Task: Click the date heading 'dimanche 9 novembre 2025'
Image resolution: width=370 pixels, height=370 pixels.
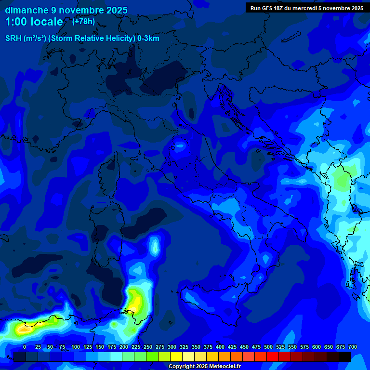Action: coord(66,10)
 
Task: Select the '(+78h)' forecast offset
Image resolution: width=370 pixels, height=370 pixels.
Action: coord(83,22)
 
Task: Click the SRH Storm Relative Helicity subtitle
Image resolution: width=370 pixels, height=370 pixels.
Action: coord(82,39)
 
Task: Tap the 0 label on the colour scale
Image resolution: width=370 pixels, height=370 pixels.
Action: coord(25,347)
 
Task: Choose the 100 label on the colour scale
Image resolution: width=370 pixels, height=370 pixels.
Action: coord(76,347)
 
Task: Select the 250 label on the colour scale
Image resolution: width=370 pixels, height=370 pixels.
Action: coord(148,347)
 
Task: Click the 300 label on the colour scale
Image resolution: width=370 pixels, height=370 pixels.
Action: coord(172,347)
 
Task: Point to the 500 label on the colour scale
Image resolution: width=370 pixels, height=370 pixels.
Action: coord(268,347)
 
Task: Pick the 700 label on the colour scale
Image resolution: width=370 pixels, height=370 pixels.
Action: coord(353,347)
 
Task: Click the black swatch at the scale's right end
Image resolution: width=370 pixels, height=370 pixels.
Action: coord(345,357)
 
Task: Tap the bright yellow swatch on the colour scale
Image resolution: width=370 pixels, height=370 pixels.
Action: coord(176,357)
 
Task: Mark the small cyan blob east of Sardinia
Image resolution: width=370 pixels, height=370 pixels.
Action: coord(155,245)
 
